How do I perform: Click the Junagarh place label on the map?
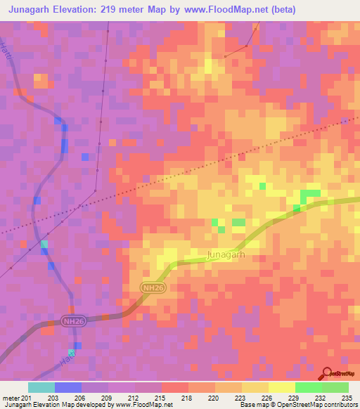click(x=225, y=255)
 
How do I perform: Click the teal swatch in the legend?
click(x=41, y=387)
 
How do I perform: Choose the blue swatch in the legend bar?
click(x=68, y=387)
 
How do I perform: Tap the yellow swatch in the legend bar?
click(x=282, y=387)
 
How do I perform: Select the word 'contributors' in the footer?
click(x=342, y=405)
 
